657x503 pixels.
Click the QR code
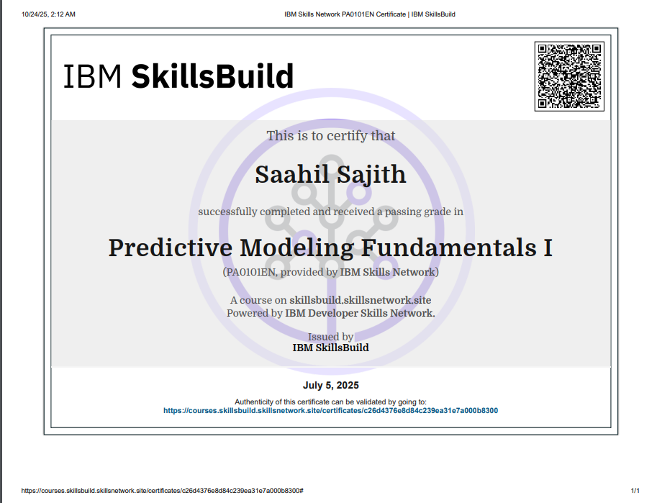pos(569,76)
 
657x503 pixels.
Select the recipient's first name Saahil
pos(291,174)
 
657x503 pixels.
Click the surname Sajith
pos(371,175)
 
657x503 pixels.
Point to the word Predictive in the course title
pos(170,248)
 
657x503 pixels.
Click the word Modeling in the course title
pos(296,248)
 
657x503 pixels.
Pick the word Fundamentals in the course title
pos(449,248)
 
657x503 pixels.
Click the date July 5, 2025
pos(330,385)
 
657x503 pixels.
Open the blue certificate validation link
pos(330,411)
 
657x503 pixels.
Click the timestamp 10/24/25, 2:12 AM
pos(49,14)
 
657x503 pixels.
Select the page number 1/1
pos(635,491)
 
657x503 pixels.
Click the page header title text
pos(370,14)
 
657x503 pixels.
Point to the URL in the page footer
pos(162,491)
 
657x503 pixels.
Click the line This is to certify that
pos(330,136)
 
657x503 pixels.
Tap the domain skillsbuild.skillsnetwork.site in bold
pos(360,300)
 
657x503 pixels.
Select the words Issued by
pos(330,337)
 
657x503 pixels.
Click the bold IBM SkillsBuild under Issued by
pos(330,348)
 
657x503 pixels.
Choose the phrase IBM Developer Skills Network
pos(360,313)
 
